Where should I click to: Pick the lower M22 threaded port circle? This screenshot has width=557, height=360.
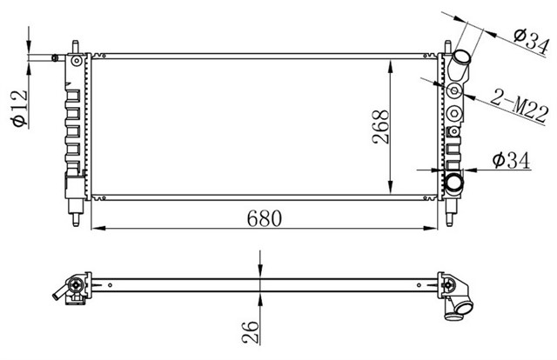pyautogui.click(x=454, y=111)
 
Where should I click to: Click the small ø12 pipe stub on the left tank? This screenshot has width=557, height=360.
pyautogui.click(x=57, y=58)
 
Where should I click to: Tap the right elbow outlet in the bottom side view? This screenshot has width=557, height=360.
pyautogui.click(x=458, y=300)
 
